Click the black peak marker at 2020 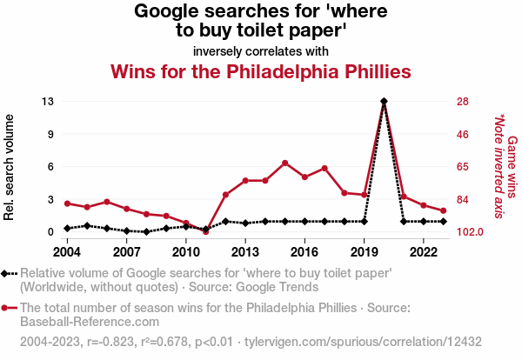[384, 102]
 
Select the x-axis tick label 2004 [67, 252]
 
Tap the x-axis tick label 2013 [245, 252]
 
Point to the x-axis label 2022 [424, 252]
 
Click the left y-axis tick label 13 [48, 102]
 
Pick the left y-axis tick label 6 [51, 167]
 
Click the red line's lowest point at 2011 [205, 231]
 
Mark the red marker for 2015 [284, 163]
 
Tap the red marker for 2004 [67, 203]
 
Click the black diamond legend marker [8, 273]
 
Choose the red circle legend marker [8, 308]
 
